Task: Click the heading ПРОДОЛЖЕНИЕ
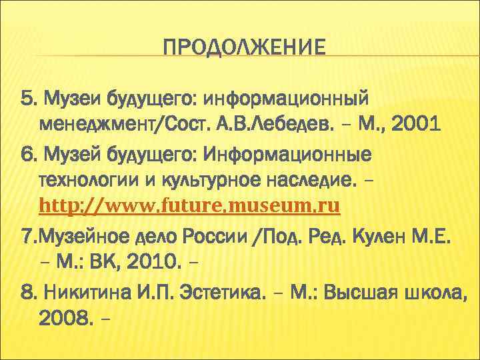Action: pos(245,48)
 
